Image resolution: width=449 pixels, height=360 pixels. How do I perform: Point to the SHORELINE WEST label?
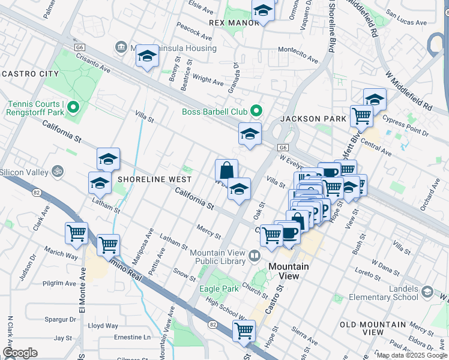[155, 179]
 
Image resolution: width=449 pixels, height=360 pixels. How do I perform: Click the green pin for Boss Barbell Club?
[256, 111]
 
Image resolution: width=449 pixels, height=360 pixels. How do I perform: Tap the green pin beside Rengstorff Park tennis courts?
[74, 108]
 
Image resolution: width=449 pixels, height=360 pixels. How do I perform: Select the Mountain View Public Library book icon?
[255, 257]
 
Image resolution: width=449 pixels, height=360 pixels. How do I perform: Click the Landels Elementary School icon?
[427, 292]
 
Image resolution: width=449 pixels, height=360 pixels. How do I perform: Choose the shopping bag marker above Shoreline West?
[226, 170]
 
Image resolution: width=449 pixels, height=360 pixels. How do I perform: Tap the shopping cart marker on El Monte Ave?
[77, 233]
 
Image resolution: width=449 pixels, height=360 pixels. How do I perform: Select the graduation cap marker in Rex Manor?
[263, 11]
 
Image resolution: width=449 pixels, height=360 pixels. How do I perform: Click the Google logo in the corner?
[20, 352]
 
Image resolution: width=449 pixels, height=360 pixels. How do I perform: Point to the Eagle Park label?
[215, 289]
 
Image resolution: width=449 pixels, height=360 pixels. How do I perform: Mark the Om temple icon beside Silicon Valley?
[58, 172]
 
